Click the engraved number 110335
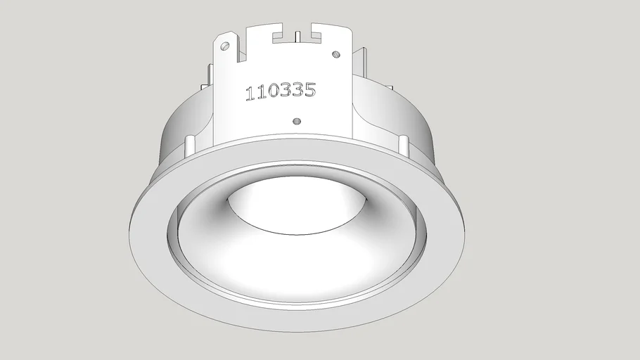pyautogui.click(x=280, y=91)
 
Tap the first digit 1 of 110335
pyautogui.click(x=249, y=94)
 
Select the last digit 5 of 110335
pyautogui.click(x=309, y=89)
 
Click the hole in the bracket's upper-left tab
pyautogui.click(x=225, y=46)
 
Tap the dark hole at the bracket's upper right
pyautogui.click(x=336, y=53)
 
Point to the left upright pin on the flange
pyautogui.click(x=189, y=146)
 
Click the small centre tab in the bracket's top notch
pyautogui.click(x=297, y=35)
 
